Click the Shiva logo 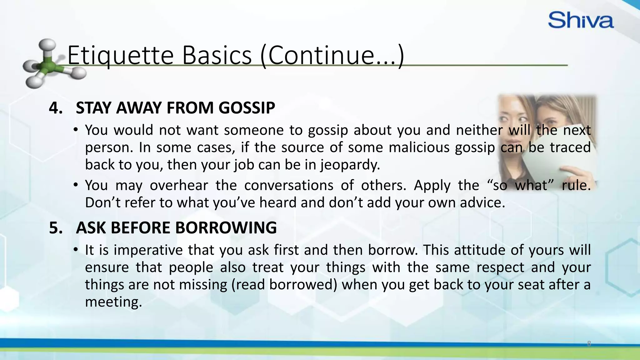coord(581,20)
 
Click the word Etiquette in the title coord(120,55)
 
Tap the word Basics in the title coord(217,55)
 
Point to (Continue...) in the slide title coord(332,55)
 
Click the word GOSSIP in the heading coord(247,108)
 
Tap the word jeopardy coord(350,165)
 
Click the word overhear coord(179,185)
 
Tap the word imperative coord(148,250)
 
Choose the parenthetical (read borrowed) coord(284,285)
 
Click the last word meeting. coord(113,302)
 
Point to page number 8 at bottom coord(589,344)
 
